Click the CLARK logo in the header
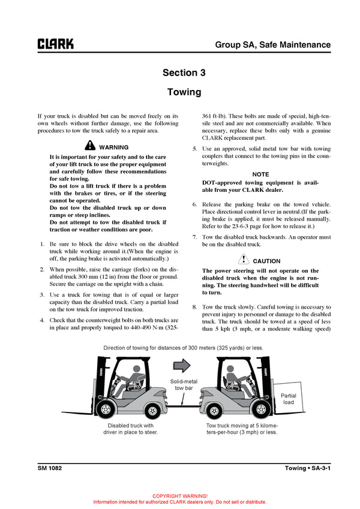(x=56, y=44)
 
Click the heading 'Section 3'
(x=184, y=73)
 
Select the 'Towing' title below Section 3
(x=184, y=92)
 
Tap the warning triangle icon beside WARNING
(x=90, y=146)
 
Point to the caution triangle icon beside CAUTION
(x=243, y=260)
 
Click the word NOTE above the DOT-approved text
(x=260, y=174)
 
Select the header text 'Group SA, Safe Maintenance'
(x=272, y=44)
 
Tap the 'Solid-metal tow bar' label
(x=183, y=384)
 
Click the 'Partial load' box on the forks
(x=289, y=399)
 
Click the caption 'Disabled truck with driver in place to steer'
(x=130, y=429)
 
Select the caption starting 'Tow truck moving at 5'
(x=238, y=429)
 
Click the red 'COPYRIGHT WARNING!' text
(x=180, y=496)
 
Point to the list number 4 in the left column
(x=41, y=320)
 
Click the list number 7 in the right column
(x=194, y=237)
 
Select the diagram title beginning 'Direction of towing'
(x=183, y=348)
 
